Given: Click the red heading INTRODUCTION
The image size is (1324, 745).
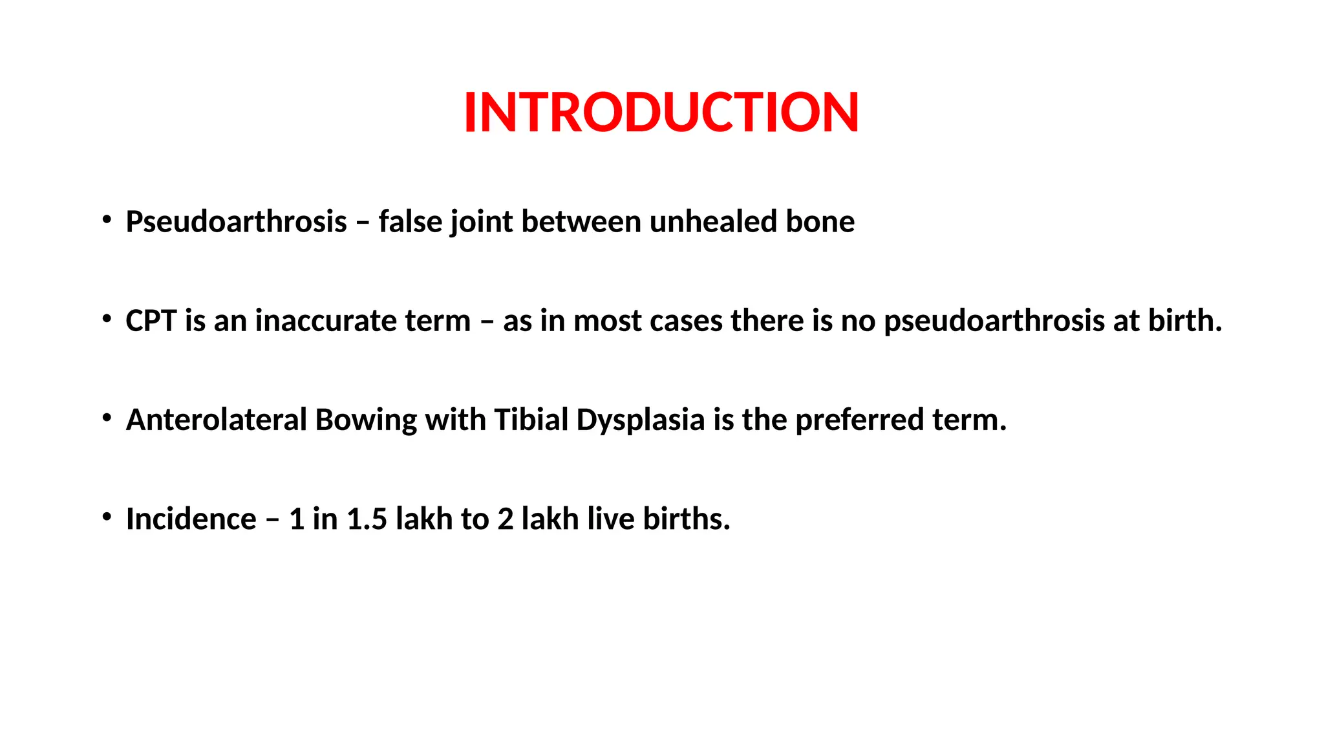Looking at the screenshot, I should click(x=661, y=113).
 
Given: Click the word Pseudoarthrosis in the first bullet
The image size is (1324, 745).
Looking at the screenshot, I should click(x=237, y=222).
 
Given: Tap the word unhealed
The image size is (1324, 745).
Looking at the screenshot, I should click(x=713, y=222).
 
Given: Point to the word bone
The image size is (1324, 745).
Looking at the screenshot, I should click(x=820, y=222).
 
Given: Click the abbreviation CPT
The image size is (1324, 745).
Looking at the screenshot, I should click(x=151, y=321).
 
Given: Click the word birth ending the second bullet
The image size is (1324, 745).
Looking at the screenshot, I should click(x=1184, y=321).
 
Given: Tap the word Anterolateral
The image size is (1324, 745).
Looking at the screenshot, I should click(x=216, y=420).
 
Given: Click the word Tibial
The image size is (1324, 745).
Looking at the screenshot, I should click(x=531, y=420).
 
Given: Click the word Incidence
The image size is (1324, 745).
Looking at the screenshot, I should click(x=191, y=519).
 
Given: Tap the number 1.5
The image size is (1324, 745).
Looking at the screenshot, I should click(x=367, y=519).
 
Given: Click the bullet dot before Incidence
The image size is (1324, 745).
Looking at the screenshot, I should click(x=107, y=517).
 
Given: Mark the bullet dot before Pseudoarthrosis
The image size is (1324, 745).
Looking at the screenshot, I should click(x=107, y=220).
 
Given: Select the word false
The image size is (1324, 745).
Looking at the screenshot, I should click(x=410, y=222).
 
